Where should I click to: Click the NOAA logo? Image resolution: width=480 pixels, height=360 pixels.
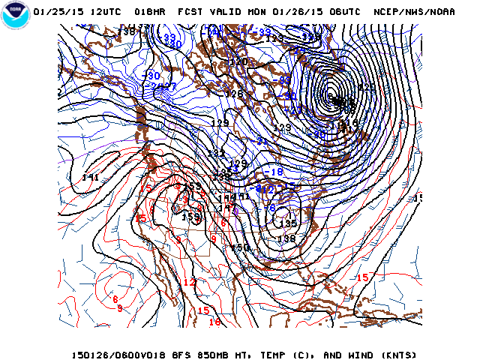click(x=15, y=16)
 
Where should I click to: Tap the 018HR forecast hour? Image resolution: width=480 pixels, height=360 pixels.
click(x=150, y=12)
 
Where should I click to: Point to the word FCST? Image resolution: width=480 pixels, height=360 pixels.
click(x=190, y=12)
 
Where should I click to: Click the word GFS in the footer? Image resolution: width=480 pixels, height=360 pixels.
click(x=174, y=355)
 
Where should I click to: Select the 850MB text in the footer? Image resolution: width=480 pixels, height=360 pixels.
click(x=207, y=355)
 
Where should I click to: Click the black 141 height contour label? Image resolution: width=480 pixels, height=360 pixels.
click(x=91, y=178)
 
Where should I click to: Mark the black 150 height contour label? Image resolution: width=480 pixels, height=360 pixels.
click(x=240, y=247)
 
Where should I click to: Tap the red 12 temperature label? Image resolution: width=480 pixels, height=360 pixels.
click(x=189, y=283)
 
